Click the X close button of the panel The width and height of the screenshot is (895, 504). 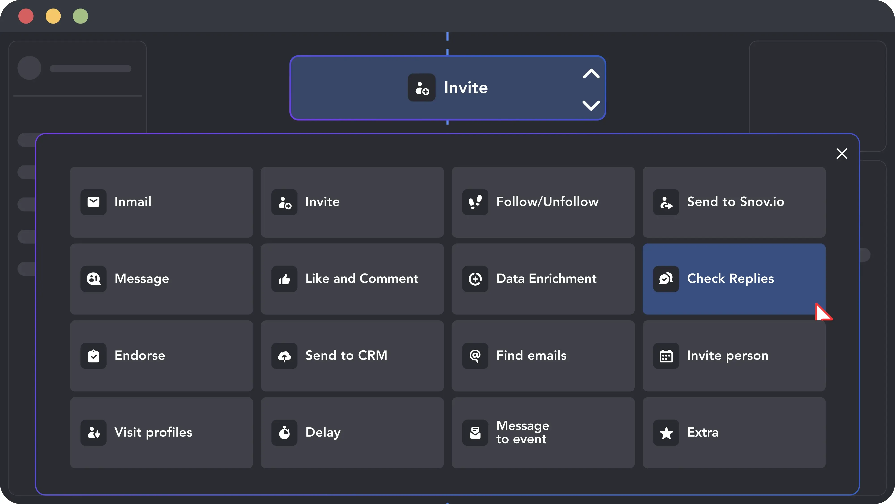click(x=842, y=153)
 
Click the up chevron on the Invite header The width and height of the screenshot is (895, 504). click(x=591, y=74)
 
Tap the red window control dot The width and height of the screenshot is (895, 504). click(x=26, y=16)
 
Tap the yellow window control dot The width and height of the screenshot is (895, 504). click(x=53, y=16)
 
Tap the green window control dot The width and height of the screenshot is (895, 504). click(x=81, y=16)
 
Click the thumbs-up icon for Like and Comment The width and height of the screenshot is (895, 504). click(x=284, y=279)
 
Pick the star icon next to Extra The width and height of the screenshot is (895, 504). click(x=666, y=433)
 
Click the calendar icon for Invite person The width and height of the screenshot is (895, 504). click(x=666, y=356)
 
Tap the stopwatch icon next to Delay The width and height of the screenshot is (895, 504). click(x=284, y=433)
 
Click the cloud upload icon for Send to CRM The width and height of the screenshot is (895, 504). click(x=284, y=356)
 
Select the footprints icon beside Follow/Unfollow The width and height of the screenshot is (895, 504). click(x=475, y=202)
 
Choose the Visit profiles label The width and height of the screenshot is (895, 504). click(x=153, y=432)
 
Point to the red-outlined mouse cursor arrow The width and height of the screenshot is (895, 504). click(x=823, y=312)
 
